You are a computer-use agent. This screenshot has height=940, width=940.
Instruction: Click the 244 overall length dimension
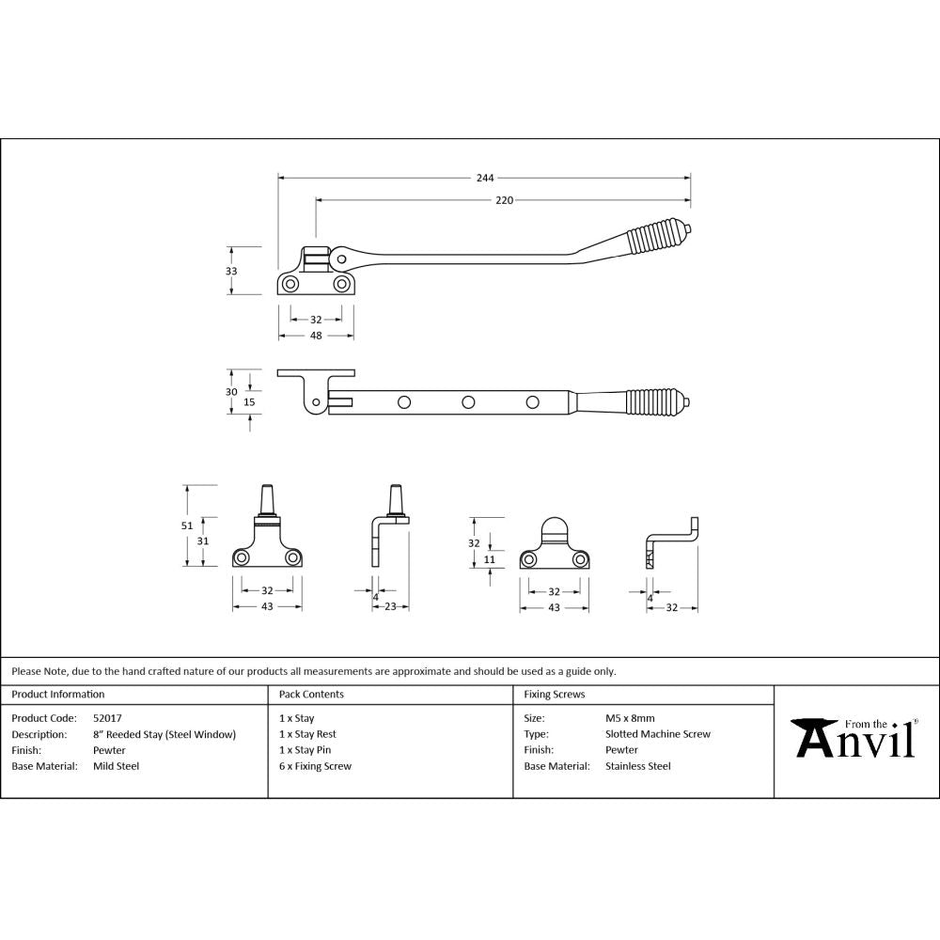(x=485, y=177)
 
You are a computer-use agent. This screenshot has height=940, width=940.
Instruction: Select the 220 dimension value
(x=505, y=200)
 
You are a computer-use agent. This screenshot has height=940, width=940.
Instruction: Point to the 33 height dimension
(x=232, y=271)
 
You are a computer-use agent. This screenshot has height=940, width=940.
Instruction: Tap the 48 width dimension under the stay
(x=316, y=336)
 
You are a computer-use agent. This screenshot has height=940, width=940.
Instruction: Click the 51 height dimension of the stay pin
(x=187, y=525)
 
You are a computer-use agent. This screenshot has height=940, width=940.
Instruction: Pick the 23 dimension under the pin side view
(x=390, y=607)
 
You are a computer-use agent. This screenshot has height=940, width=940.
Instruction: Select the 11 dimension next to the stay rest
(x=490, y=559)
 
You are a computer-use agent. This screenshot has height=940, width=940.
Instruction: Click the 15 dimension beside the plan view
(x=249, y=401)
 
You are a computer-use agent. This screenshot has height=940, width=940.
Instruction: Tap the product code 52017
(x=107, y=718)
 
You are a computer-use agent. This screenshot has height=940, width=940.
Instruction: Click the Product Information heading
(x=58, y=695)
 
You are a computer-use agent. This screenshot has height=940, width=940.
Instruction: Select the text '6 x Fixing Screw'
(x=315, y=766)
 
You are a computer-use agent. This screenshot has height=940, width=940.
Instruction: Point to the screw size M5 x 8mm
(x=631, y=718)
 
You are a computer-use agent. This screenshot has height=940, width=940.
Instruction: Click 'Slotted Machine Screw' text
(x=658, y=734)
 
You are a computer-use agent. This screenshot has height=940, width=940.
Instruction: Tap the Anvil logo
(x=854, y=739)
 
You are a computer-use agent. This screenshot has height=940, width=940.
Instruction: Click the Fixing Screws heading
(x=554, y=695)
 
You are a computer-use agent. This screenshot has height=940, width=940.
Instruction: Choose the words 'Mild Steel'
(x=116, y=766)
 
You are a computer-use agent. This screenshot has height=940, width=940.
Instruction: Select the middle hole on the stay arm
(x=467, y=402)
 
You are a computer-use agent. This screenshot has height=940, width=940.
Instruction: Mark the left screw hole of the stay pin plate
(x=243, y=558)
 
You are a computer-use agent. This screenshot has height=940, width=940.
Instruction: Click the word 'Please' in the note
(x=26, y=671)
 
